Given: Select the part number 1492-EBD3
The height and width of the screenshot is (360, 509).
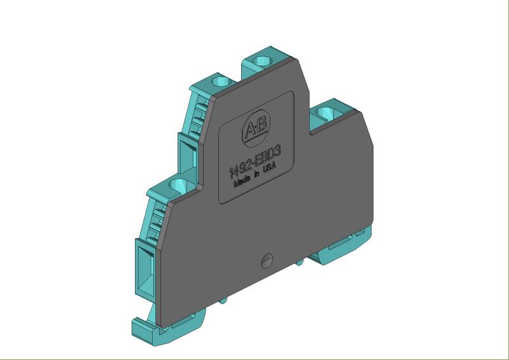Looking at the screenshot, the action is point(255,162).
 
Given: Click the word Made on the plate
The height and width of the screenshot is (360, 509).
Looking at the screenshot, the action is point(242,181).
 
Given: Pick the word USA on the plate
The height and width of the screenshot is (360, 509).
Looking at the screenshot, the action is point(269,168).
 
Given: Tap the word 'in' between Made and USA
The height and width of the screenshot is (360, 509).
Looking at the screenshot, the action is point(257,174).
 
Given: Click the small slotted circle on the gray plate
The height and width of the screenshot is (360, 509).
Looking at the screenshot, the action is point(267,261).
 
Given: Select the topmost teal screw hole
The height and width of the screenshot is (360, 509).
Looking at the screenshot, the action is point(262,60).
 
